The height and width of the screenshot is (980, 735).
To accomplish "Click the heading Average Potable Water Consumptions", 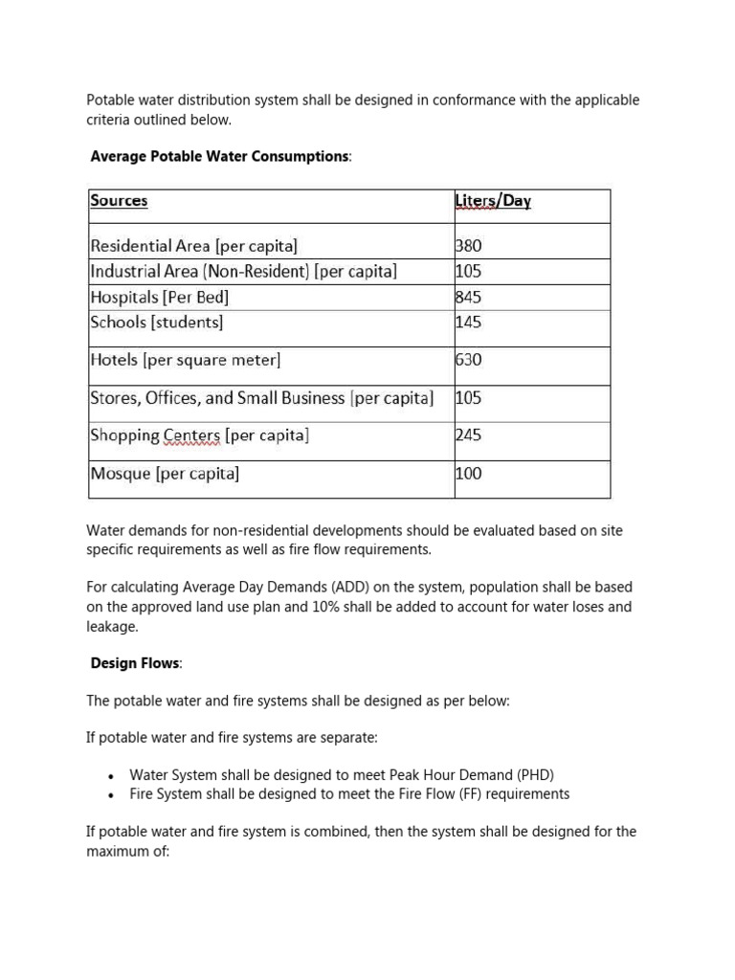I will point(219,156).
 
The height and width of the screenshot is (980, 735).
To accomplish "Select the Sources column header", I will point(119,201).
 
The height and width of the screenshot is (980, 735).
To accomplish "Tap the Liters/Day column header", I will point(493,201).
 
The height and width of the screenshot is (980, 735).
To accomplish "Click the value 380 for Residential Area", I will point(469,246).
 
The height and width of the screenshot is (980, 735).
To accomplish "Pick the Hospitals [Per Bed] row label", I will point(159,297).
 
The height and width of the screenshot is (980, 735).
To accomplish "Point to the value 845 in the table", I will point(469,297).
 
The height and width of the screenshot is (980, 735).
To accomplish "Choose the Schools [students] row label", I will point(156,323).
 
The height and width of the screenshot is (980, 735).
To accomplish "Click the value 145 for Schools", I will point(469,323).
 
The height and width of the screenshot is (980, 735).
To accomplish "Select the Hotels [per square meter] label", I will point(185,361).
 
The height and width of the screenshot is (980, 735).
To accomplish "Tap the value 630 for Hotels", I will point(469,361).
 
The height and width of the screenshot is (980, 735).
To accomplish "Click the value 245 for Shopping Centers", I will point(469,435).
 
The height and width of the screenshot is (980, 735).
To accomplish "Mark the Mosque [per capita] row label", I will point(164,474).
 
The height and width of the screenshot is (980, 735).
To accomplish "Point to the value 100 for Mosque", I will point(469,474).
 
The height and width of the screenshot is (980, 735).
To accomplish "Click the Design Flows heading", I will point(134,663).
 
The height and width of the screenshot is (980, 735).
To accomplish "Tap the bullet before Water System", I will point(112,776).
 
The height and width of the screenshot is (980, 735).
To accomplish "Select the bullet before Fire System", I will point(112,795).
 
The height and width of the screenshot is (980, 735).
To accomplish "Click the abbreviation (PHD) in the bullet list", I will point(535,775).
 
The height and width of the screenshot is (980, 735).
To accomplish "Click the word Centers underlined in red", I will point(191,435).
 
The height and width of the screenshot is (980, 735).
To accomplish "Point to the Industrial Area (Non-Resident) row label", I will point(243,272).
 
